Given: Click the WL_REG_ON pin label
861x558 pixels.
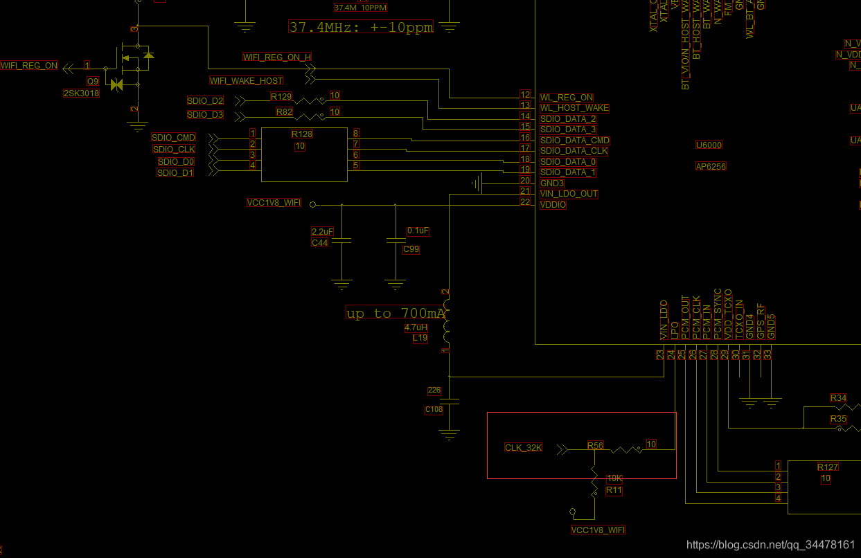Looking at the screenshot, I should click(567, 98).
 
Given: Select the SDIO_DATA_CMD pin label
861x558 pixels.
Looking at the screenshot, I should click(574, 141).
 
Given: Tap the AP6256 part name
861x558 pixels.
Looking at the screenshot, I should click(711, 166).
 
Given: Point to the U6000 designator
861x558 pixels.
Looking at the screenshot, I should click(709, 145).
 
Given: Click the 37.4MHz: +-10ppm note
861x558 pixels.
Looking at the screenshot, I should click(361, 28).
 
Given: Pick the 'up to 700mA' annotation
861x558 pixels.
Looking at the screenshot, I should click(396, 314).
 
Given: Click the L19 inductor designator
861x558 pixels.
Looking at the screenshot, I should click(420, 339).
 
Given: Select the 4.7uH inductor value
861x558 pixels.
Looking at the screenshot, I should click(416, 328).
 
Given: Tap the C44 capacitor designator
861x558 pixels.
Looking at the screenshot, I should click(319, 243).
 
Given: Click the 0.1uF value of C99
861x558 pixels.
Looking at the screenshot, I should click(418, 231).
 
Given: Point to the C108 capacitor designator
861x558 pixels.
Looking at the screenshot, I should click(434, 410).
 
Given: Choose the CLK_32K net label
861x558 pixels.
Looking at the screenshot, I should click(523, 448).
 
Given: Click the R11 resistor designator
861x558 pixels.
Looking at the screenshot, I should click(614, 490).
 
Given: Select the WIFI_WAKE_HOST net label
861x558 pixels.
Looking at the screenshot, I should click(246, 81).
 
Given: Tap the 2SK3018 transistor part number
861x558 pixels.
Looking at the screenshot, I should click(81, 93).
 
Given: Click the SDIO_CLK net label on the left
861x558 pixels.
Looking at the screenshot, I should click(174, 149).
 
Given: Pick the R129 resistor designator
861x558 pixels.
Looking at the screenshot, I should click(281, 97).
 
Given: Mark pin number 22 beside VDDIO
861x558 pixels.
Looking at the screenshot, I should click(525, 201).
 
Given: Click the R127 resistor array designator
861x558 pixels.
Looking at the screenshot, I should click(828, 467).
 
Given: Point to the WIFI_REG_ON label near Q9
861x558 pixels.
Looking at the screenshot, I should click(29, 66).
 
